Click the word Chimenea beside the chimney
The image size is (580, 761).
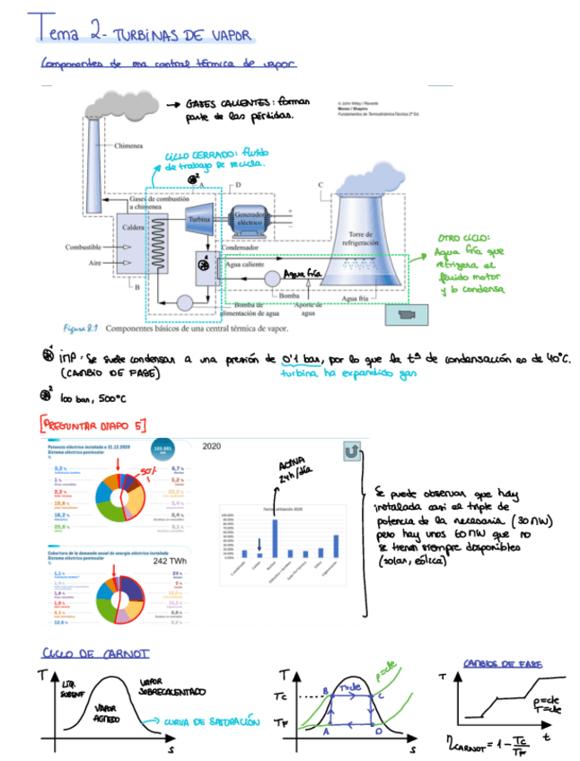click(x=130, y=144)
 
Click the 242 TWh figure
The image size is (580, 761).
click(x=169, y=560)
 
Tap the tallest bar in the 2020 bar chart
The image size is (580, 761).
click(x=274, y=525)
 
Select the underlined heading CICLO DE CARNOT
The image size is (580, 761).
click(x=96, y=652)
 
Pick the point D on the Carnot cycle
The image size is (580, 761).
click(x=377, y=731)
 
